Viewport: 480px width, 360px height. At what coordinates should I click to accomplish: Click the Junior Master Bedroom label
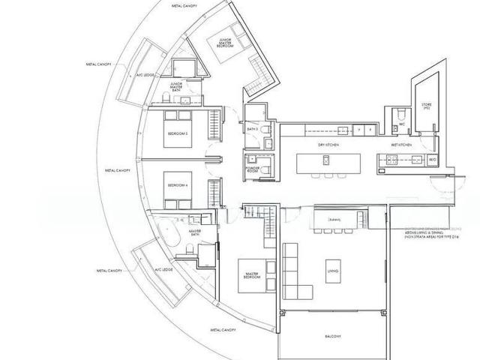coord(223,43)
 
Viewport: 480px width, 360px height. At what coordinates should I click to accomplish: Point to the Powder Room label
coord(253,169)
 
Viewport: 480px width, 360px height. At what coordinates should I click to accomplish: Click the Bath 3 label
coord(253,130)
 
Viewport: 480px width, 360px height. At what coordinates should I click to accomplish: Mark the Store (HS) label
coord(427,106)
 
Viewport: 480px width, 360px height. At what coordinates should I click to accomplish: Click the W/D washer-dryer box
coord(432,159)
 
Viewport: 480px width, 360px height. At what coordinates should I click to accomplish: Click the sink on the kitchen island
coord(326,159)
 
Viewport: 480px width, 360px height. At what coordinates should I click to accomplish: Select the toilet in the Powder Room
coord(250,159)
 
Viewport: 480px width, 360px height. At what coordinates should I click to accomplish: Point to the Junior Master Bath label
coord(177,87)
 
